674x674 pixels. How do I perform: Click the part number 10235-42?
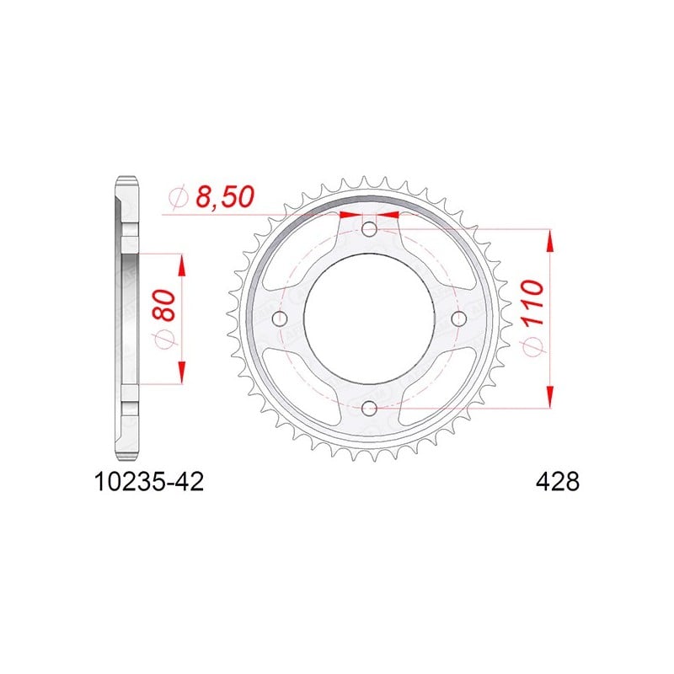click(148, 482)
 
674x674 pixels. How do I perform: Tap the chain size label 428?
click(558, 482)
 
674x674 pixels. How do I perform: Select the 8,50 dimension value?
click(225, 197)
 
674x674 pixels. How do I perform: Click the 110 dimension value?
click(533, 302)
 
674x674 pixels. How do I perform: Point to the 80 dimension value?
click(164, 306)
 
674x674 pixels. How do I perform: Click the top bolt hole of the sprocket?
click(369, 229)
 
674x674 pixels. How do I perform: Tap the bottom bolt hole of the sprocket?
click(369, 409)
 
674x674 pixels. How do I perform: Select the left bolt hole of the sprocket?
click(280, 318)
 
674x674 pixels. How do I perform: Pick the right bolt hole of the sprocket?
click(459, 318)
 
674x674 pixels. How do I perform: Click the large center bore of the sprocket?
click(369, 318)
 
